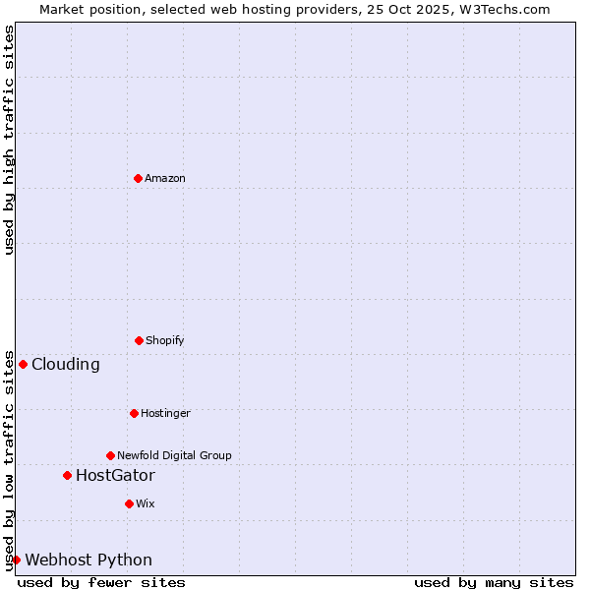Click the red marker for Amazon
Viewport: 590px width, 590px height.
point(138,178)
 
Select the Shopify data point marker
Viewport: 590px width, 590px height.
point(139,340)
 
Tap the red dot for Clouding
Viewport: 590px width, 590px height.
point(23,364)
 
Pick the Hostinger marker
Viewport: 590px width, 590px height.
point(134,413)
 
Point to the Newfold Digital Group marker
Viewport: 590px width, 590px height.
point(110,455)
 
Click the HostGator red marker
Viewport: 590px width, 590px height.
point(67,475)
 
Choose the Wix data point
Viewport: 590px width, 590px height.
point(129,503)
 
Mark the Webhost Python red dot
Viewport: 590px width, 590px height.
point(16,560)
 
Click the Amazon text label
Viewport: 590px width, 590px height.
point(165,179)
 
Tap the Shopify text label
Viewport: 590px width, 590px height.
point(165,341)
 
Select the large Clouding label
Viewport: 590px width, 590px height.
point(66,365)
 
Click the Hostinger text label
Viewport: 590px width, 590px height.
point(165,414)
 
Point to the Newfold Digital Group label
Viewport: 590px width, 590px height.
point(174,456)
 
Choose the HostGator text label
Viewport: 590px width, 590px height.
point(115,476)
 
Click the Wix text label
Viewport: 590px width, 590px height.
point(146,504)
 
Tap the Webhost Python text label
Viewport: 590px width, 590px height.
point(88,560)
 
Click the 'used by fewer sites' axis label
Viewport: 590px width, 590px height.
point(101,582)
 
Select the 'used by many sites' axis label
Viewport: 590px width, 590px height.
point(494,582)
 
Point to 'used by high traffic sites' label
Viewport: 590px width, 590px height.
point(9,140)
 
